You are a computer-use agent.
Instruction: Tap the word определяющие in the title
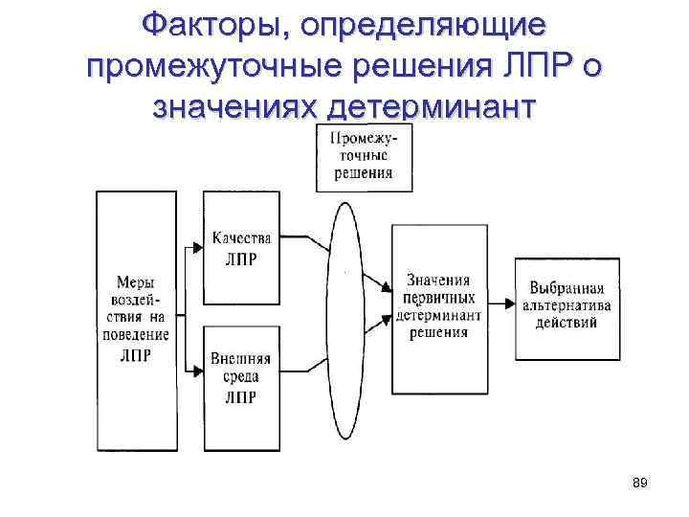point(423,26)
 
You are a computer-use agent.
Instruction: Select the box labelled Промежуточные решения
point(363,157)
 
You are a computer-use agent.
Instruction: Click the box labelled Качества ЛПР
point(241,248)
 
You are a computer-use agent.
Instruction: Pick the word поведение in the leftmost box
point(135,334)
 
